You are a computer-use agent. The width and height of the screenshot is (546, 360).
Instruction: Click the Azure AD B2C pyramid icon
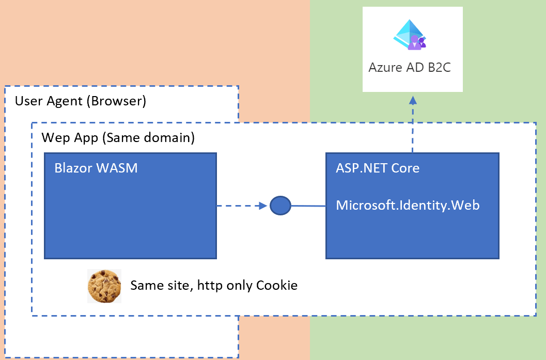tap(410, 35)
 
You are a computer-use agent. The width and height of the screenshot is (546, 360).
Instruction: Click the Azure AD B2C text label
tap(410, 67)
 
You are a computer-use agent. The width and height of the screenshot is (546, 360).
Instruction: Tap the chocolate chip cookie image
tap(104, 286)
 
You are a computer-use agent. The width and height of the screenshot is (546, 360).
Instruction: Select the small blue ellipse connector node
tap(280, 206)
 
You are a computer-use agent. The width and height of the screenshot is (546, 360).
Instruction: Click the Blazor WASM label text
tap(96, 168)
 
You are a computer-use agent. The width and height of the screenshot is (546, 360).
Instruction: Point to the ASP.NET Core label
tap(378, 168)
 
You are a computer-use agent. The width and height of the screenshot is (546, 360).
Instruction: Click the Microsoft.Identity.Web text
tap(408, 205)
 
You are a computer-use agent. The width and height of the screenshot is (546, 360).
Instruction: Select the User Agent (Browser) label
tap(81, 101)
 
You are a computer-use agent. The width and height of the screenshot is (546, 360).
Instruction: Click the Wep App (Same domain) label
tap(118, 138)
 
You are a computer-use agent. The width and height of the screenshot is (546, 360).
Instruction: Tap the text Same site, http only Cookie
tap(214, 285)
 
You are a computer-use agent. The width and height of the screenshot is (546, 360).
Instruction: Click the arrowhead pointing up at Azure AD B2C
tap(413, 99)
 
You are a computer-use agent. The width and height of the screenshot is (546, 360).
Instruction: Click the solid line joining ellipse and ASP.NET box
tap(308, 206)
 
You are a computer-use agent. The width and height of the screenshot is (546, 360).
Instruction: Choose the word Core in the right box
tap(405, 168)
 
